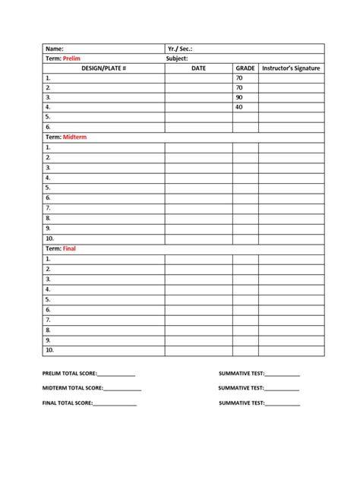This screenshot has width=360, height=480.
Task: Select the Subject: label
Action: point(178,58)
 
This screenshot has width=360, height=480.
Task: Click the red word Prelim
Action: point(71,58)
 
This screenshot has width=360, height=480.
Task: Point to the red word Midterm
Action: point(75,137)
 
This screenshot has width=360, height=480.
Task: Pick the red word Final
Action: point(69,248)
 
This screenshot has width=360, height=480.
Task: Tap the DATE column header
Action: point(198,68)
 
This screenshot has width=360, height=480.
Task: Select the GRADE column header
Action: point(245,68)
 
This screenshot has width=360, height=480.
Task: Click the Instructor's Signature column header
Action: point(291,68)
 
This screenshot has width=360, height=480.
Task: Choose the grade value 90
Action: point(239,98)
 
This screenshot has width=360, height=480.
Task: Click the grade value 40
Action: point(239,108)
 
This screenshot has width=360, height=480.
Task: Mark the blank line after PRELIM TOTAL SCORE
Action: point(116,375)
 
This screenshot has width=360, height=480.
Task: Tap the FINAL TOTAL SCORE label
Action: point(67,403)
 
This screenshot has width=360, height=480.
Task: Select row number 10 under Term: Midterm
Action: point(49,237)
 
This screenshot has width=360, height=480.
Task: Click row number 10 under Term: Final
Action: point(49,350)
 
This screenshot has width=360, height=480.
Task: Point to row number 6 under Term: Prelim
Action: point(48,128)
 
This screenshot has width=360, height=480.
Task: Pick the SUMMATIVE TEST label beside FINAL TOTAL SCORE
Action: point(242,403)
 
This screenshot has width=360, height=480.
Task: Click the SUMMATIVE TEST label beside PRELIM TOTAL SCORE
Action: point(242,374)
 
